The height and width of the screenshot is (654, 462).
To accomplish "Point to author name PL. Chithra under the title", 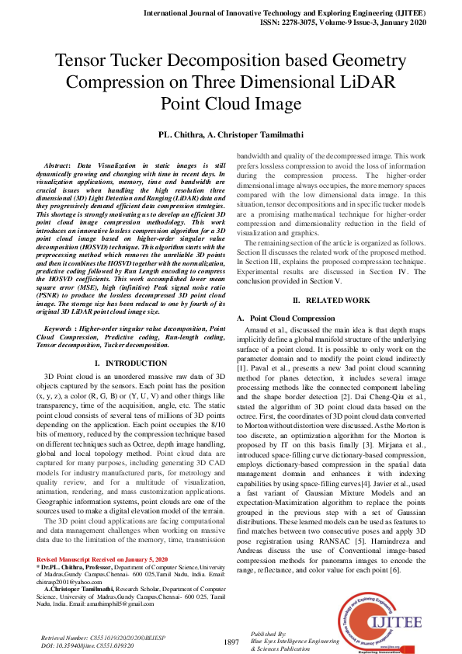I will click(x=185, y=134).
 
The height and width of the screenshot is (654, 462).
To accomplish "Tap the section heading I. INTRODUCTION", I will click(x=128, y=384).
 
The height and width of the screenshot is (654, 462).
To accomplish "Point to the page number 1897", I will click(x=231, y=642).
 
